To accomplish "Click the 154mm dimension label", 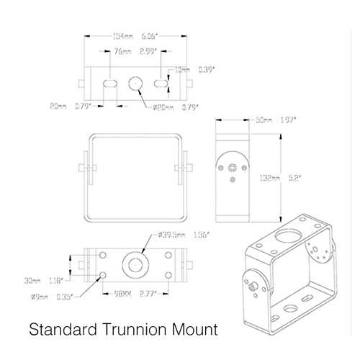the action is [x=122, y=37].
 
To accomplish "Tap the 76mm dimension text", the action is [x=122, y=51].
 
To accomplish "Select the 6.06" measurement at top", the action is [x=150, y=37].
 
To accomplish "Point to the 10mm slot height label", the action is [x=182, y=70].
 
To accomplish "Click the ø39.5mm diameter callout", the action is [x=171, y=235].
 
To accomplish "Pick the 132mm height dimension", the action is [x=270, y=178].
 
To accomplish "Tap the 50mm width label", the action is [x=264, y=120].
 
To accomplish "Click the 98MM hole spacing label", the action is [x=122, y=294].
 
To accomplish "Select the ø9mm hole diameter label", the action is [x=40, y=297].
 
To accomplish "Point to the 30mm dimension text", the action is [x=32, y=281].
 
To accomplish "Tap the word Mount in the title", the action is [x=194, y=330].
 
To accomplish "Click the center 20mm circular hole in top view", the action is [x=135, y=84].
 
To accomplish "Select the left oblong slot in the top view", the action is [x=110, y=84].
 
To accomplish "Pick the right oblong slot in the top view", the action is [x=161, y=84].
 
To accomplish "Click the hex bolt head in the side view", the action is [x=233, y=168].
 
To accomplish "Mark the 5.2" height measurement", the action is [x=294, y=178].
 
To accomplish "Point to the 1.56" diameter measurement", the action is [x=202, y=235].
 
